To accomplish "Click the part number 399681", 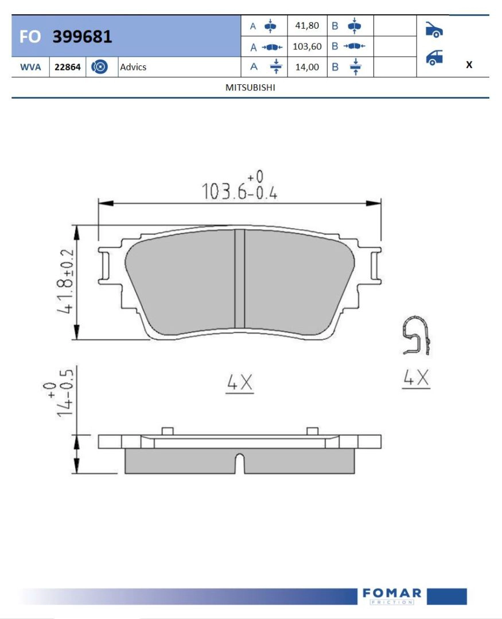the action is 82,36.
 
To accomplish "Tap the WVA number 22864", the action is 68,67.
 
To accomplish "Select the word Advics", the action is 133,67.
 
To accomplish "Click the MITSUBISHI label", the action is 250,87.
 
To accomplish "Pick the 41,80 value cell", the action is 307,26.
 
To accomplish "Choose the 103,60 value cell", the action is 307,46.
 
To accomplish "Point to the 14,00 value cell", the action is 307,67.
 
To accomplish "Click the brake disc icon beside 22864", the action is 99,66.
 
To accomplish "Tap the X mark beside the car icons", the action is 469,64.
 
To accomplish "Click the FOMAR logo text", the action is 392,593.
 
